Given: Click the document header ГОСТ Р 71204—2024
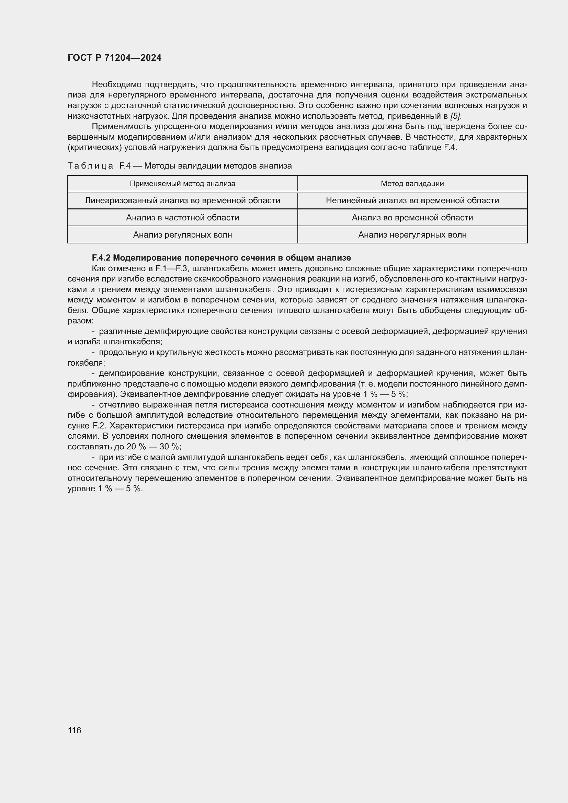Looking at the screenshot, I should point(114,58).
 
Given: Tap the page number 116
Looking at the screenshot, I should point(75,730).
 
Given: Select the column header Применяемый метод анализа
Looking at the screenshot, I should point(182,184).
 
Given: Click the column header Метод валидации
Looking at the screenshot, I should point(412,184).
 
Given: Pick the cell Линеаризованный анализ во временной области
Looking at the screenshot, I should point(182,200).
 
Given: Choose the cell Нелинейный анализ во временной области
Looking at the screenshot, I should point(412,200).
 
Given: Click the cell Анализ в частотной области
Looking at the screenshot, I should point(182,218).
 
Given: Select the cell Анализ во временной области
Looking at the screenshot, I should point(412,218).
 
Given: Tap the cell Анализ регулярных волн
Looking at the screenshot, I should point(182,235).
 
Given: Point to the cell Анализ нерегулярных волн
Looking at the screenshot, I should point(412,235).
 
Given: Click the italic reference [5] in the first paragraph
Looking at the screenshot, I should point(456,116).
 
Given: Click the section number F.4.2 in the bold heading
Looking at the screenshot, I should point(101,258).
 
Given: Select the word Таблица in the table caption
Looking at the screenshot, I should point(90,166).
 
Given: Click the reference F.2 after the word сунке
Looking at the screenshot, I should point(99,426).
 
